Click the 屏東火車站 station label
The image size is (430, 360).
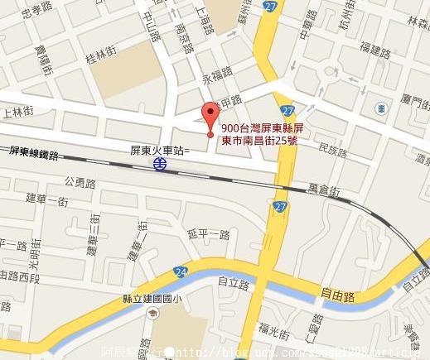159,150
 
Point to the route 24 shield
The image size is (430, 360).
181,271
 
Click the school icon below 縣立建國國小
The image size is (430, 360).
152,315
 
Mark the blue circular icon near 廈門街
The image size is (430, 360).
380,107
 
